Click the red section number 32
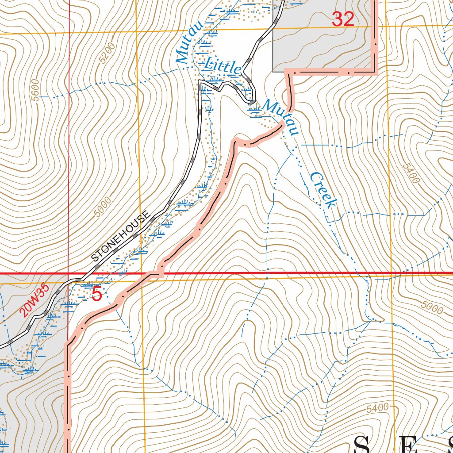coord(343,19)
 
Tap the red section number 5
coord(97,294)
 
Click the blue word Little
coord(223,66)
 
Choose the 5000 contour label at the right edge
coord(432,307)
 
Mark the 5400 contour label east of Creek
coord(411,173)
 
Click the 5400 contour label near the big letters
coord(377,408)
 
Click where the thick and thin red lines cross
coord(69,274)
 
